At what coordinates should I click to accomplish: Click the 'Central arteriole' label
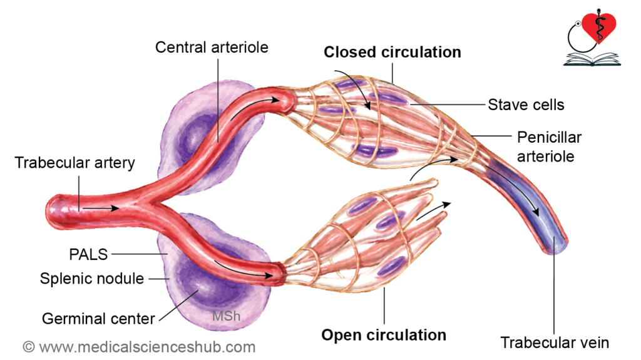point(212,48)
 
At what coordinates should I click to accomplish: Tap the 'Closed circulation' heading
point(392,53)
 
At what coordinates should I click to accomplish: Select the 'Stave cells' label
point(526,105)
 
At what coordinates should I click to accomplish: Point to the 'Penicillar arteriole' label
point(549,147)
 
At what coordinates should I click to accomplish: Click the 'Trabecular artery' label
point(75,163)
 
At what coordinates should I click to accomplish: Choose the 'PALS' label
point(88,254)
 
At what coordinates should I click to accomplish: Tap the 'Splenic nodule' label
point(92,279)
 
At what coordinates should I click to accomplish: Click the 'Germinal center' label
point(98,319)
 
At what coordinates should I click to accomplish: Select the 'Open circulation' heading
point(384,335)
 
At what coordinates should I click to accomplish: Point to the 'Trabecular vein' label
point(555,343)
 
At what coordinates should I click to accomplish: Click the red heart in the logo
point(599,26)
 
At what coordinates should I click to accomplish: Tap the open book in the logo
point(592,59)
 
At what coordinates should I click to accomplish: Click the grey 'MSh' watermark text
point(226,316)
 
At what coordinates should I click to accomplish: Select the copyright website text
point(139,347)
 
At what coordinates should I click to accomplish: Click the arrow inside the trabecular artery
point(101,208)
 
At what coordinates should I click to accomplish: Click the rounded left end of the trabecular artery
point(51,211)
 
